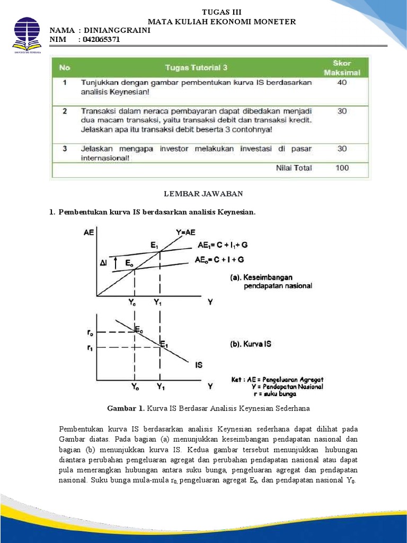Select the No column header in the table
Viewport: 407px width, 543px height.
(x=65, y=67)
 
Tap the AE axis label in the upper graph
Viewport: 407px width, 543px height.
(x=90, y=232)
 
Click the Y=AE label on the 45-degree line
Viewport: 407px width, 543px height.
(x=185, y=232)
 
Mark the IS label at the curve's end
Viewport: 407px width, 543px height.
(x=199, y=365)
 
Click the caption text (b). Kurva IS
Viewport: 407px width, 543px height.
(x=251, y=344)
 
